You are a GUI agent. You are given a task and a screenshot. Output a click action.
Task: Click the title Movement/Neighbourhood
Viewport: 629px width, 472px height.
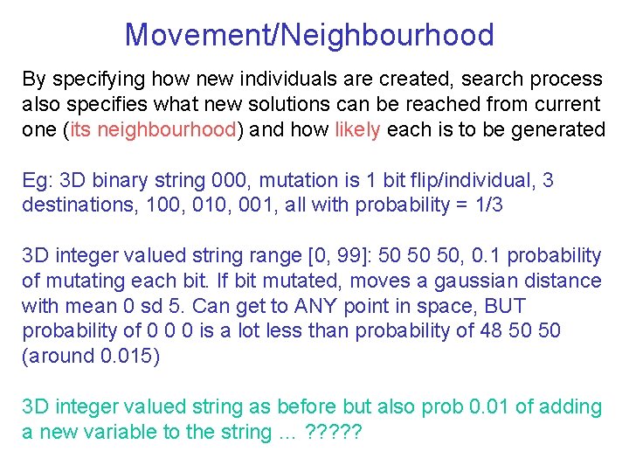309,35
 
